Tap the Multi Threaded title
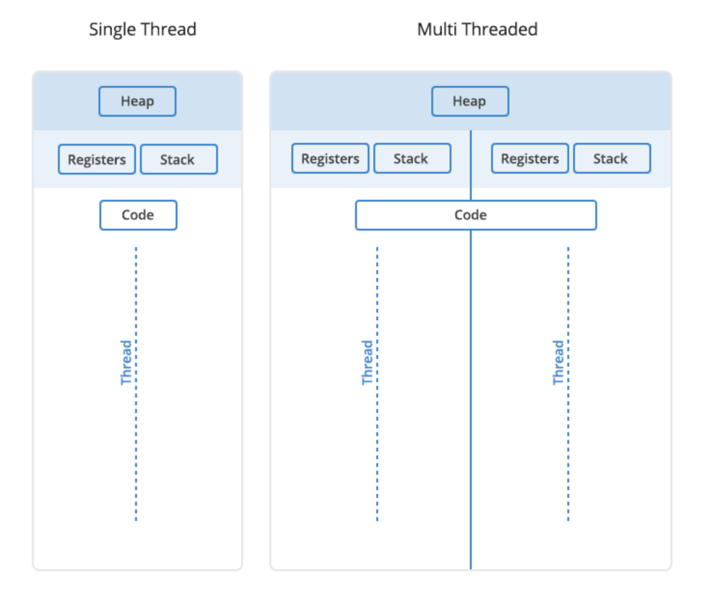click(478, 29)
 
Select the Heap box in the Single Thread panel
click(137, 101)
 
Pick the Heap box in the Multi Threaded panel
click(470, 101)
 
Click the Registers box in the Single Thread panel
click(97, 159)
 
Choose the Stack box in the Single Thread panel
click(179, 159)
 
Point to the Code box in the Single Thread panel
click(138, 215)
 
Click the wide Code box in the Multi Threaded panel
click(476, 215)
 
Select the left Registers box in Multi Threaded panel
click(330, 158)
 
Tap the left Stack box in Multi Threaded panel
click(412, 158)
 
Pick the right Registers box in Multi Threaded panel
click(530, 158)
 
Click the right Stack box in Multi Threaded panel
click(612, 158)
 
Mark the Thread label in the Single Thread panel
click(126, 362)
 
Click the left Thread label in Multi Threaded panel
click(367, 362)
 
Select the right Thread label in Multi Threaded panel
click(559, 362)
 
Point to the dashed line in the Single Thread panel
click(136, 384)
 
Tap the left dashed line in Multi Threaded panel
click(377, 384)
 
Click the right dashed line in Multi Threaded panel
click(568, 384)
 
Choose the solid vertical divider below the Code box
click(471, 399)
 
